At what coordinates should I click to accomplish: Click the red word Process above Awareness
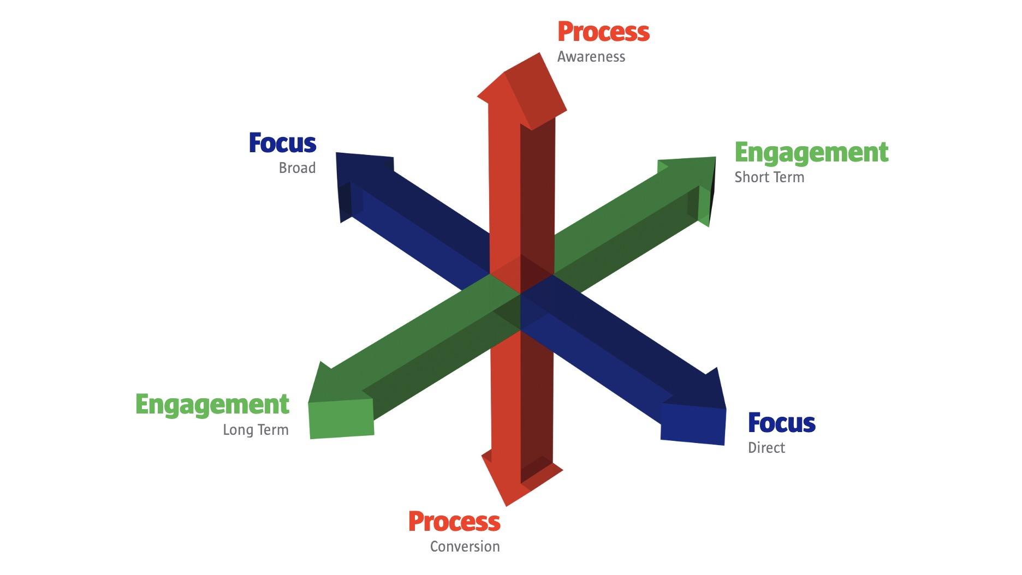[603, 32]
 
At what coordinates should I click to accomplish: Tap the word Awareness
[591, 57]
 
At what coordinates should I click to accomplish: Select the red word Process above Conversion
[454, 521]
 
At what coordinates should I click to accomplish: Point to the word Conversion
[465, 546]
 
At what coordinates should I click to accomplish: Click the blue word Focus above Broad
[282, 143]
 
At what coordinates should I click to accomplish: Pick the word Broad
[297, 167]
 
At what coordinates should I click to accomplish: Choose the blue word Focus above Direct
[782, 423]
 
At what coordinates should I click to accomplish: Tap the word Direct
[766, 448]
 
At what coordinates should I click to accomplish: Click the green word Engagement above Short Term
[812, 153]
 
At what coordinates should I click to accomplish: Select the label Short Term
[769, 177]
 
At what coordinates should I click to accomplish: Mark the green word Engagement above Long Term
[212, 405]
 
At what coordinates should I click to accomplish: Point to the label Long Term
[255, 430]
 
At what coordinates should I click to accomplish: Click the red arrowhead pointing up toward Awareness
[522, 90]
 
